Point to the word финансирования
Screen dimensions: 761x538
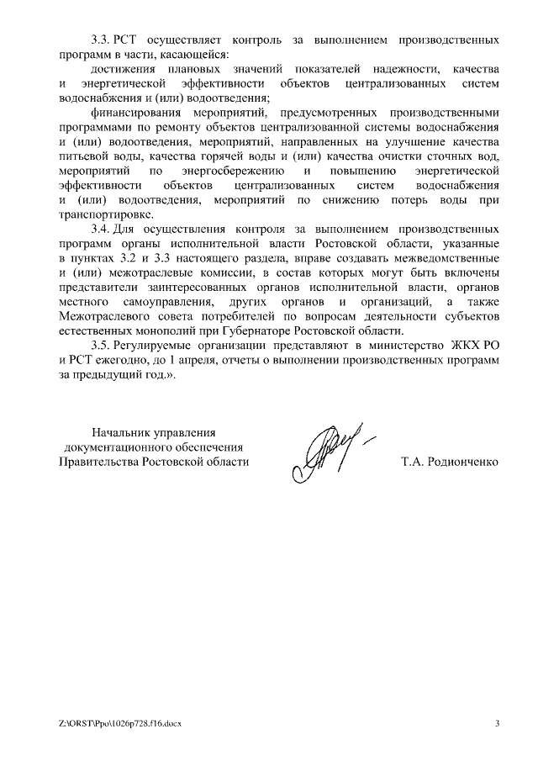tap(139, 113)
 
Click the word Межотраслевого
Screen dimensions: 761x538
tap(103, 316)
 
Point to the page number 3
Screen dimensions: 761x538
tap(497, 723)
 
